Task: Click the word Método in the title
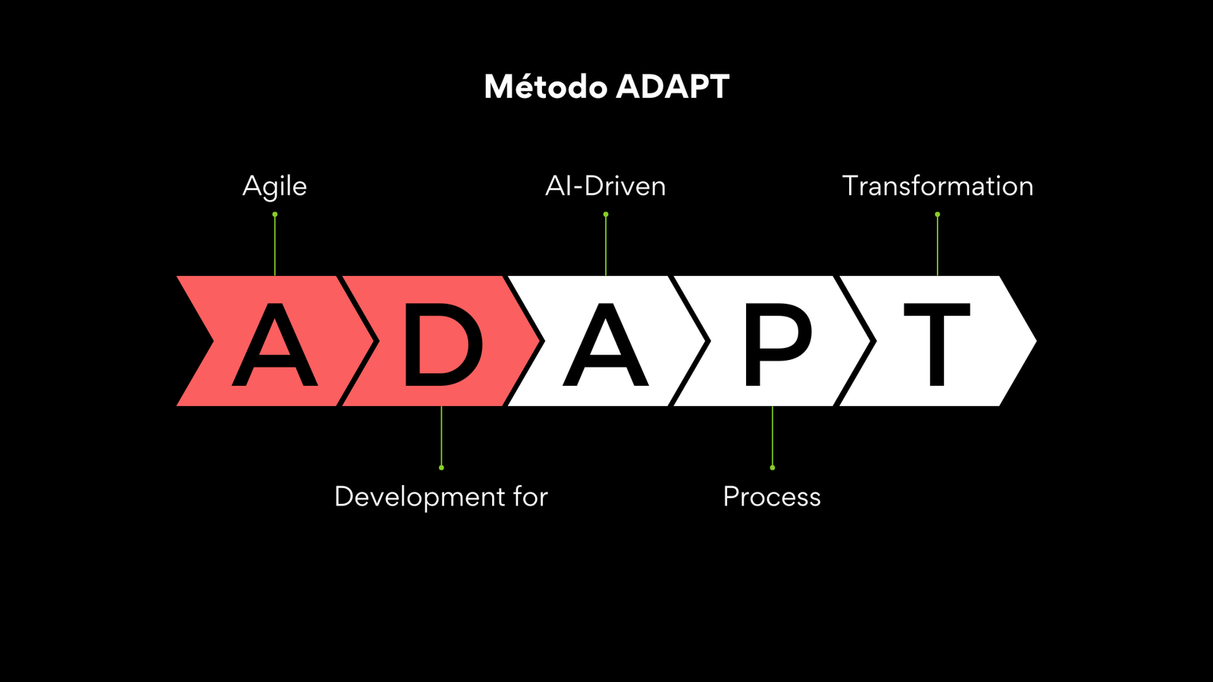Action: click(x=545, y=86)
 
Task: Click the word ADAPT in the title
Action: click(x=672, y=86)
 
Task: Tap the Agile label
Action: click(x=274, y=187)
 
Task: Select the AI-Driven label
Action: click(x=606, y=186)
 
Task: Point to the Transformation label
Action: click(x=937, y=186)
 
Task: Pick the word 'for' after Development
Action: click(x=531, y=496)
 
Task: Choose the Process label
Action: click(x=772, y=497)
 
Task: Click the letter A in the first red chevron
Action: click(x=274, y=344)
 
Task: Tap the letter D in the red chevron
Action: click(x=444, y=344)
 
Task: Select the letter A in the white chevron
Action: click(x=606, y=344)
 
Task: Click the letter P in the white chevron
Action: click(x=779, y=344)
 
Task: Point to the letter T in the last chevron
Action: click(x=937, y=344)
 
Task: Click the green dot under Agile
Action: click(x=274, y=214)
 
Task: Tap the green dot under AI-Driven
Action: click(x=606, y=214)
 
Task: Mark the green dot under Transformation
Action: click(x=937, y=214)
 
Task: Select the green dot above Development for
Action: click(x=441, y=468)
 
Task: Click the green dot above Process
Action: click(x=773, y=468)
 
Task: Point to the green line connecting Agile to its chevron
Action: click(x=274, y=246)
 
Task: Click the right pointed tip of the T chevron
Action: click(x=1036, y=341)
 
